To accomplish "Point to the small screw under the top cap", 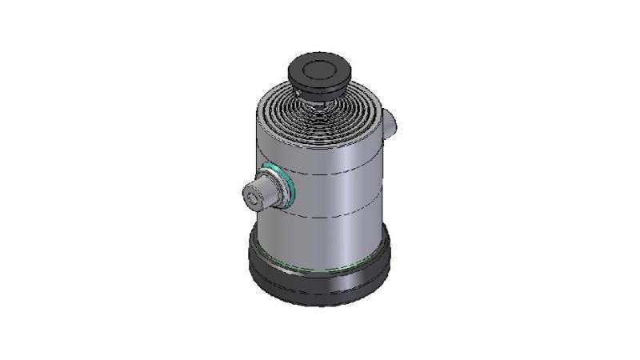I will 298,97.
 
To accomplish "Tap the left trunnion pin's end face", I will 254,196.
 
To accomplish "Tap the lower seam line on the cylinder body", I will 336,217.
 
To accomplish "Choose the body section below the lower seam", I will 336,240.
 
